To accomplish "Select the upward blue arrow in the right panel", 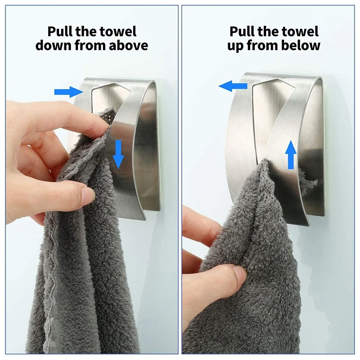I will (x=291, y=154).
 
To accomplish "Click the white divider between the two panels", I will (x=180, y=180).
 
